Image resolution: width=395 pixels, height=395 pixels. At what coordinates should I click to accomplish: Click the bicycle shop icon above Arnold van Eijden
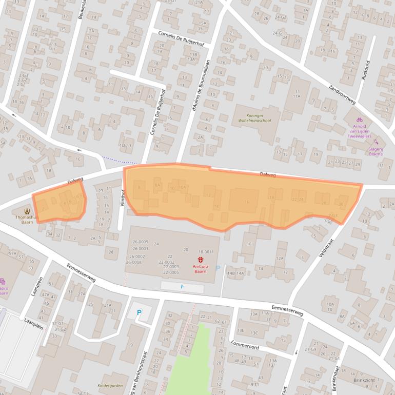[360, 119]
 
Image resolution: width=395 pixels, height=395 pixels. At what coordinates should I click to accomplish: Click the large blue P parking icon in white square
[139, 312]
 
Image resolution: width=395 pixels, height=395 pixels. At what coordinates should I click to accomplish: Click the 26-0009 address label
[140, 242]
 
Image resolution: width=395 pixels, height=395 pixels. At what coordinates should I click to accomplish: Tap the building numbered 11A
[297, 96]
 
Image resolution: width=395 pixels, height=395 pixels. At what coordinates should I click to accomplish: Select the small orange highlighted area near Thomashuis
[59, 205]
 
